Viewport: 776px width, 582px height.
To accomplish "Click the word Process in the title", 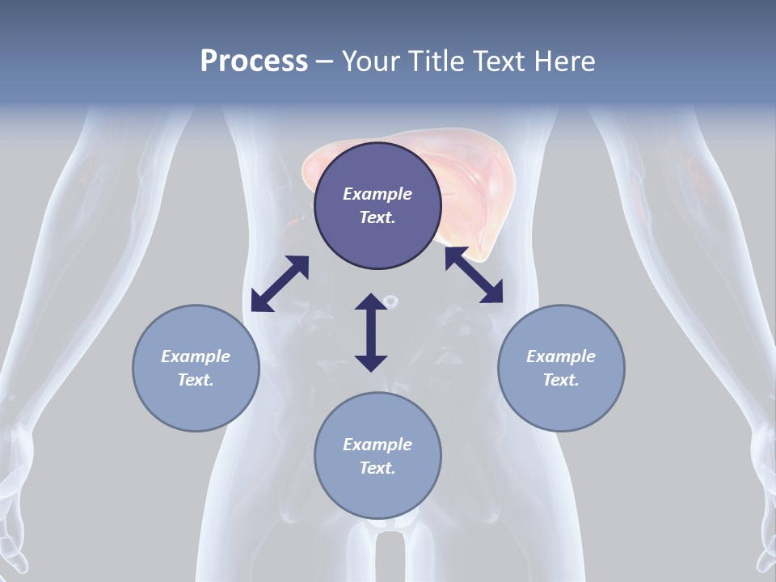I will [254, 61].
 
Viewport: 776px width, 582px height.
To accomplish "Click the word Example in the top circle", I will [377, 194].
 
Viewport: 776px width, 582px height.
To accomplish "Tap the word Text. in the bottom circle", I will [377, 468].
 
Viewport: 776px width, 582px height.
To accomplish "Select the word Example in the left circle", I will [196, 356].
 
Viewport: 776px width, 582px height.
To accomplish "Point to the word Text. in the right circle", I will [561, 380].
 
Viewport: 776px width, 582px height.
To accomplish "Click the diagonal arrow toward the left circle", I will [280, 284].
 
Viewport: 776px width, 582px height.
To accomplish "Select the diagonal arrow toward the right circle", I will [474, 276].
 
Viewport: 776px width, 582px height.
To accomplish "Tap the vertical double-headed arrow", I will [371, 332].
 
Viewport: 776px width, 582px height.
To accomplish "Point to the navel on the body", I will [391, 302].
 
